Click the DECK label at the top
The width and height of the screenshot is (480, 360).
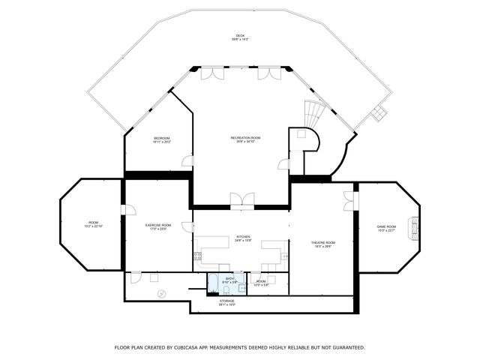click(240, 35)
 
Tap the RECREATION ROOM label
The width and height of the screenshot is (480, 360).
click(245, 138)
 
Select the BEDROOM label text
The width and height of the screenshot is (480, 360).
click(162, 138)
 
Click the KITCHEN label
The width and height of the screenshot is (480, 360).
click(243, 236)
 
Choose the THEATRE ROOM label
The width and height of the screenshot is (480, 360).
click(323, 242)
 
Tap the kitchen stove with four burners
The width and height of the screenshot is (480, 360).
click(197, 256)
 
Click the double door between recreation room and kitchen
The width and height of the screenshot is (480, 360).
click(241, 199)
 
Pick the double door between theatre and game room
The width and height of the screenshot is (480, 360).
click(349, 201)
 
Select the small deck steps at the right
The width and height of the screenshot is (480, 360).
click(379, 113)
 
